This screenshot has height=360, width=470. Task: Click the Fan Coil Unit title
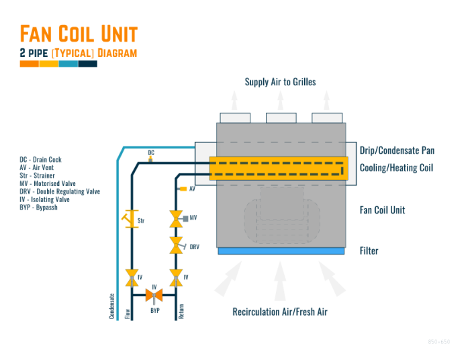pyautogui.click(x=79, y=34)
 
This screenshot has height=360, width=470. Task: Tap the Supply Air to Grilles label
pyautogui.click(x=280, y=82)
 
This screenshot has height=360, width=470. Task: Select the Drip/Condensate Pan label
pyautogui.click(x=396, y=150)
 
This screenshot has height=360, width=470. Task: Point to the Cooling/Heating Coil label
pyautogui.click(x=396, y=168)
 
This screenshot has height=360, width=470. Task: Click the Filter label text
pyautogui.click(x=369, y=251)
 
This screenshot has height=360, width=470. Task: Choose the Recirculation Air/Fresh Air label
pyautogui.click(x=280, y=312)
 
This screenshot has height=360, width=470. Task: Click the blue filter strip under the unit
pyautogui.click(x=281, y=251)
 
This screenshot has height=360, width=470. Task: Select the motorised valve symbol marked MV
pyautogui.click(x=177, y=218)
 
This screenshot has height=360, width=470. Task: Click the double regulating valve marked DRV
pyautogui.click(x=177, y=246)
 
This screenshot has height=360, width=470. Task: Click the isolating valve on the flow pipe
pyautogui.click(x=131, y=277)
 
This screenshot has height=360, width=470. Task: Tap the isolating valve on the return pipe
pyautogui.click(x=177, y=277)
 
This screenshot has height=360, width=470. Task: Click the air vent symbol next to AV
pyautogui.click(x=183, y=189)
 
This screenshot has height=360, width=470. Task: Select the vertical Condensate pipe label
pyautogui.click(x=112, y=306)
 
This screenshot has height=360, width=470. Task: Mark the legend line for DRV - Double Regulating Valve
pyautogui.click(x=60, y=191)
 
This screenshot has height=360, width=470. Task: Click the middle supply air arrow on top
pyautogui.click(x=281, y=101)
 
